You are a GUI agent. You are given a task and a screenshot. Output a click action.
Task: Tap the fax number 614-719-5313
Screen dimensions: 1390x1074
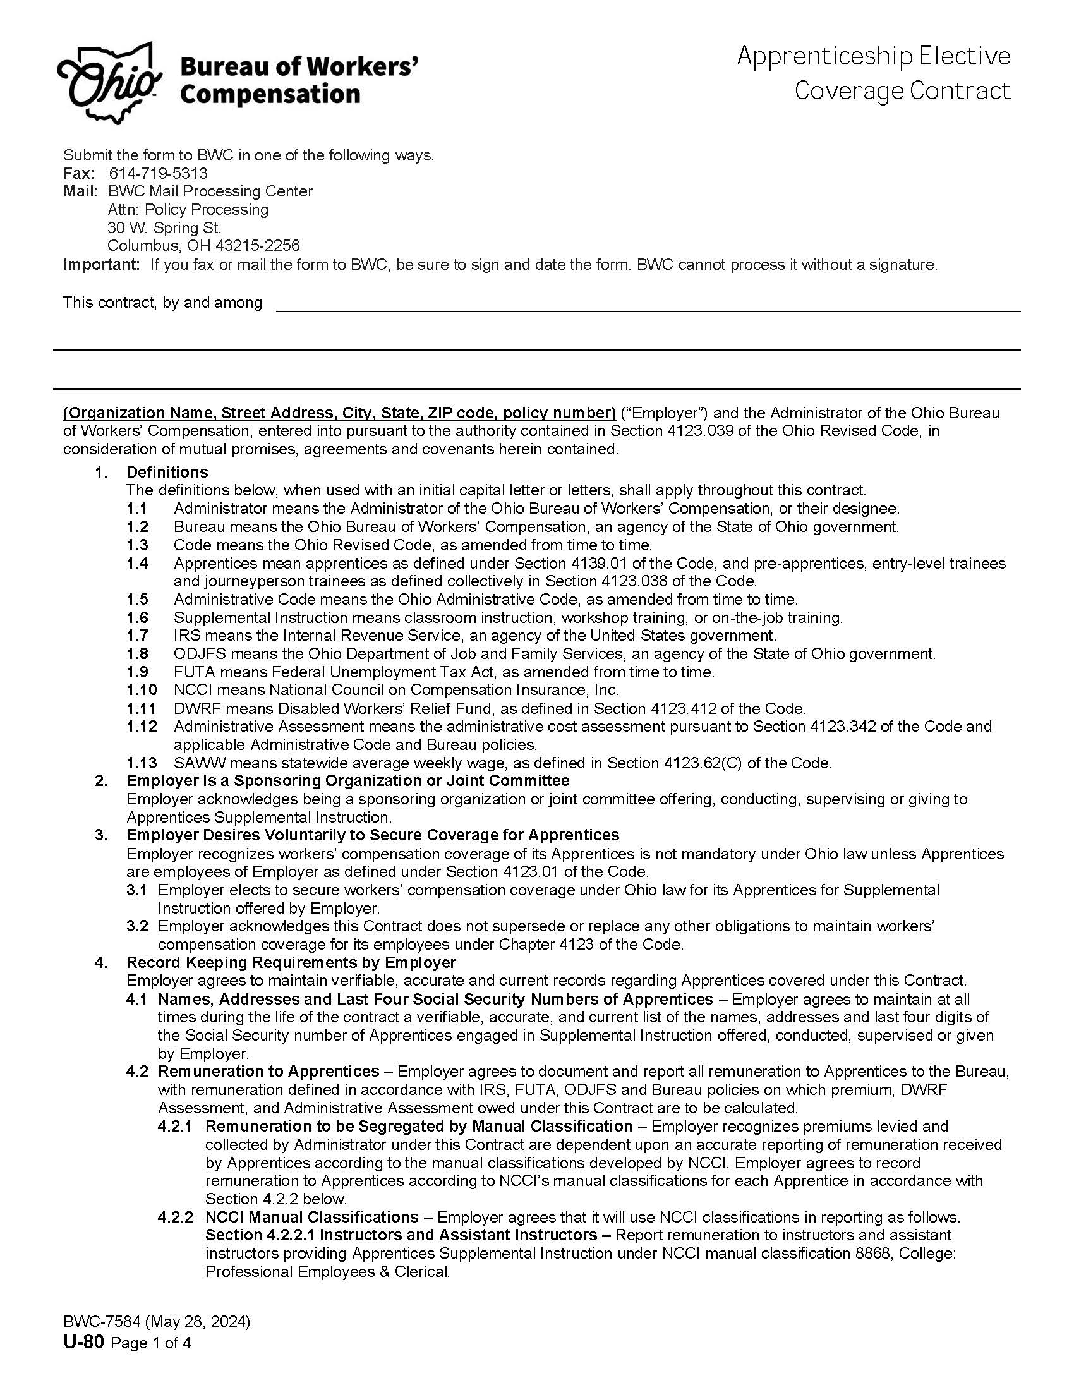point(159,173)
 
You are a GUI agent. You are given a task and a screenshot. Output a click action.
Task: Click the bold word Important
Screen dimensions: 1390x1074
point(100,265)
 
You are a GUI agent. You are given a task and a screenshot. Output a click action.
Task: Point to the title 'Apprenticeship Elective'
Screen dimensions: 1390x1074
point(874,56)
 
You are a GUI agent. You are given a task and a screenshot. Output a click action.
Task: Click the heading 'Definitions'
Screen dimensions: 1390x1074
point(167,472)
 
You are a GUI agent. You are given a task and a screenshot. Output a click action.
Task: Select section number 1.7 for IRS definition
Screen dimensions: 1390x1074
point(138,635)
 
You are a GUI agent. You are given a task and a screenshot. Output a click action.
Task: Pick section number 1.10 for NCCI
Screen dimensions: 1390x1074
point(142,690)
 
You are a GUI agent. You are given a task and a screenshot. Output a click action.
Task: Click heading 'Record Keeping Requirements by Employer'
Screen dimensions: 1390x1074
point(291,962)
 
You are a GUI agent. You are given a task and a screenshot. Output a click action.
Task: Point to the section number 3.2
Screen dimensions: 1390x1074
point(138,926)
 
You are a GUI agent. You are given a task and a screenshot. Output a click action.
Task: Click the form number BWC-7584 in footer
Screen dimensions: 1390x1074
point(102,1322)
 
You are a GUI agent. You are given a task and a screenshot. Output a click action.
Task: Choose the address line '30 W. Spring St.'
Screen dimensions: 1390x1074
point(164,228)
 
